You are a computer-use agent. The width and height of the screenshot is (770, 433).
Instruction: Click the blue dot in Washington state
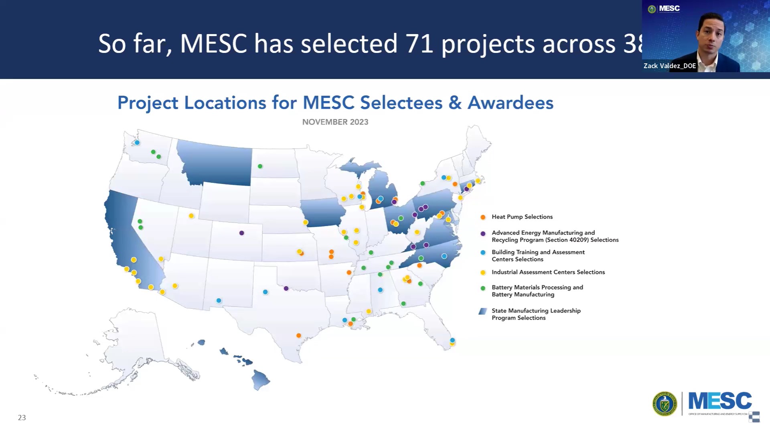(x=137, y=143)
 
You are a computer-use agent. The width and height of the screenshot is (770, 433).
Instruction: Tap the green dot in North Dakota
(x=260, y=166)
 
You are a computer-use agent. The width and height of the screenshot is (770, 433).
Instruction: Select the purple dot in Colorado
(x=241, y=233)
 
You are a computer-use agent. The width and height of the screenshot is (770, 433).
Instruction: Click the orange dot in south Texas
(x=299, y=336)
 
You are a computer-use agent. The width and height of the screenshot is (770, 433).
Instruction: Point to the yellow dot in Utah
(x=191, y=216)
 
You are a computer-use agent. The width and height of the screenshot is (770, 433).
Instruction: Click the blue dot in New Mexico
(x=219, y=301)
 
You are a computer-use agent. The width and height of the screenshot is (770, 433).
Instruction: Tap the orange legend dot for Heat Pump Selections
(x=483, y=217)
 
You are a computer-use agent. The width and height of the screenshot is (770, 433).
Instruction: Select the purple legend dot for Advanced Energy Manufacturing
(x=483, y=234)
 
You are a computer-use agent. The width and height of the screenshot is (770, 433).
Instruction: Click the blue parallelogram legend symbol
(x=483, y=312)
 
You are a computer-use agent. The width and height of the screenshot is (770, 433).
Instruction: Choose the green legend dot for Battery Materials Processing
(x=483, y=288)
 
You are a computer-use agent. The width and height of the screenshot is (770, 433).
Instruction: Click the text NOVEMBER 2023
(x=335, y=122)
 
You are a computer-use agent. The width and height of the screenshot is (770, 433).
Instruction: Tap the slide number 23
(x=22, y=418)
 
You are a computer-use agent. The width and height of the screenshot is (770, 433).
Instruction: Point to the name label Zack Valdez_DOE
(x=669, y=66)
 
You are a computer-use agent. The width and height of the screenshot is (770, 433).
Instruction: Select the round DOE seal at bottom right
(x=665, y=404)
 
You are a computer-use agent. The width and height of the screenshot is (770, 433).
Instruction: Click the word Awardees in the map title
(x=511, y=103)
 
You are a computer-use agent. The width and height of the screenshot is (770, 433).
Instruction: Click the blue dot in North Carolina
(x=444, y=256)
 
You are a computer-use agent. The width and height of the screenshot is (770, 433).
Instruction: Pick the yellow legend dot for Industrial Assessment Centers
(x=483, y=273)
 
